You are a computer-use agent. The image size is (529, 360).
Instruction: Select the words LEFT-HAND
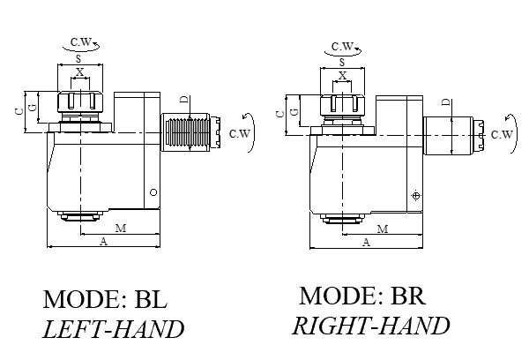pyautogui.click(x=114, y=329)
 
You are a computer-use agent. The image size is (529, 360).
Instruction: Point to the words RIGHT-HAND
pyautogui.click(x=370, y=326)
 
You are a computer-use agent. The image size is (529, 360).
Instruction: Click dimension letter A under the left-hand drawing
pyautogui.click(x=104, y=241)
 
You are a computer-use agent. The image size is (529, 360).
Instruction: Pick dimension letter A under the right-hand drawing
pyautogui.click(x=366, y=242)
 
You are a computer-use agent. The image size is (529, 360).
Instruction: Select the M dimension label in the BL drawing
pyautogui.click(x=121, y=229)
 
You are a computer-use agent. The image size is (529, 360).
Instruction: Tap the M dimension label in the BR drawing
pyautogui.click(x=383, y=229)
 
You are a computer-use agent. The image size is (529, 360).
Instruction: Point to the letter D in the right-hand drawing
pyautogui.click(x=451, y=102)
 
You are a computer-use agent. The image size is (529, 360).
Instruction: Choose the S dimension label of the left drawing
pyautogui.click(x=80, y=58)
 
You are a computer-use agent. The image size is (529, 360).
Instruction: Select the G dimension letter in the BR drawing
pyautogui.click(x=294, y=112)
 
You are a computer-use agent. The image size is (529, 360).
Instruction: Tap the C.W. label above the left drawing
pyautogui.click(x=79, y=41)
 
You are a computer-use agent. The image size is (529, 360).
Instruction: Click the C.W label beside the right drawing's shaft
pyautogui.click(x=503, y=134)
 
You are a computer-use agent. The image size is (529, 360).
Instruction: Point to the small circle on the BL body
pyautogui.click(x=153, y=191)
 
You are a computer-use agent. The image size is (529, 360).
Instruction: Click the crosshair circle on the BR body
pyautogui.click(x=416, y=196)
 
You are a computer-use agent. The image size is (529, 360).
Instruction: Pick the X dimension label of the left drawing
pyautogui.click(x=80, y=72)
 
